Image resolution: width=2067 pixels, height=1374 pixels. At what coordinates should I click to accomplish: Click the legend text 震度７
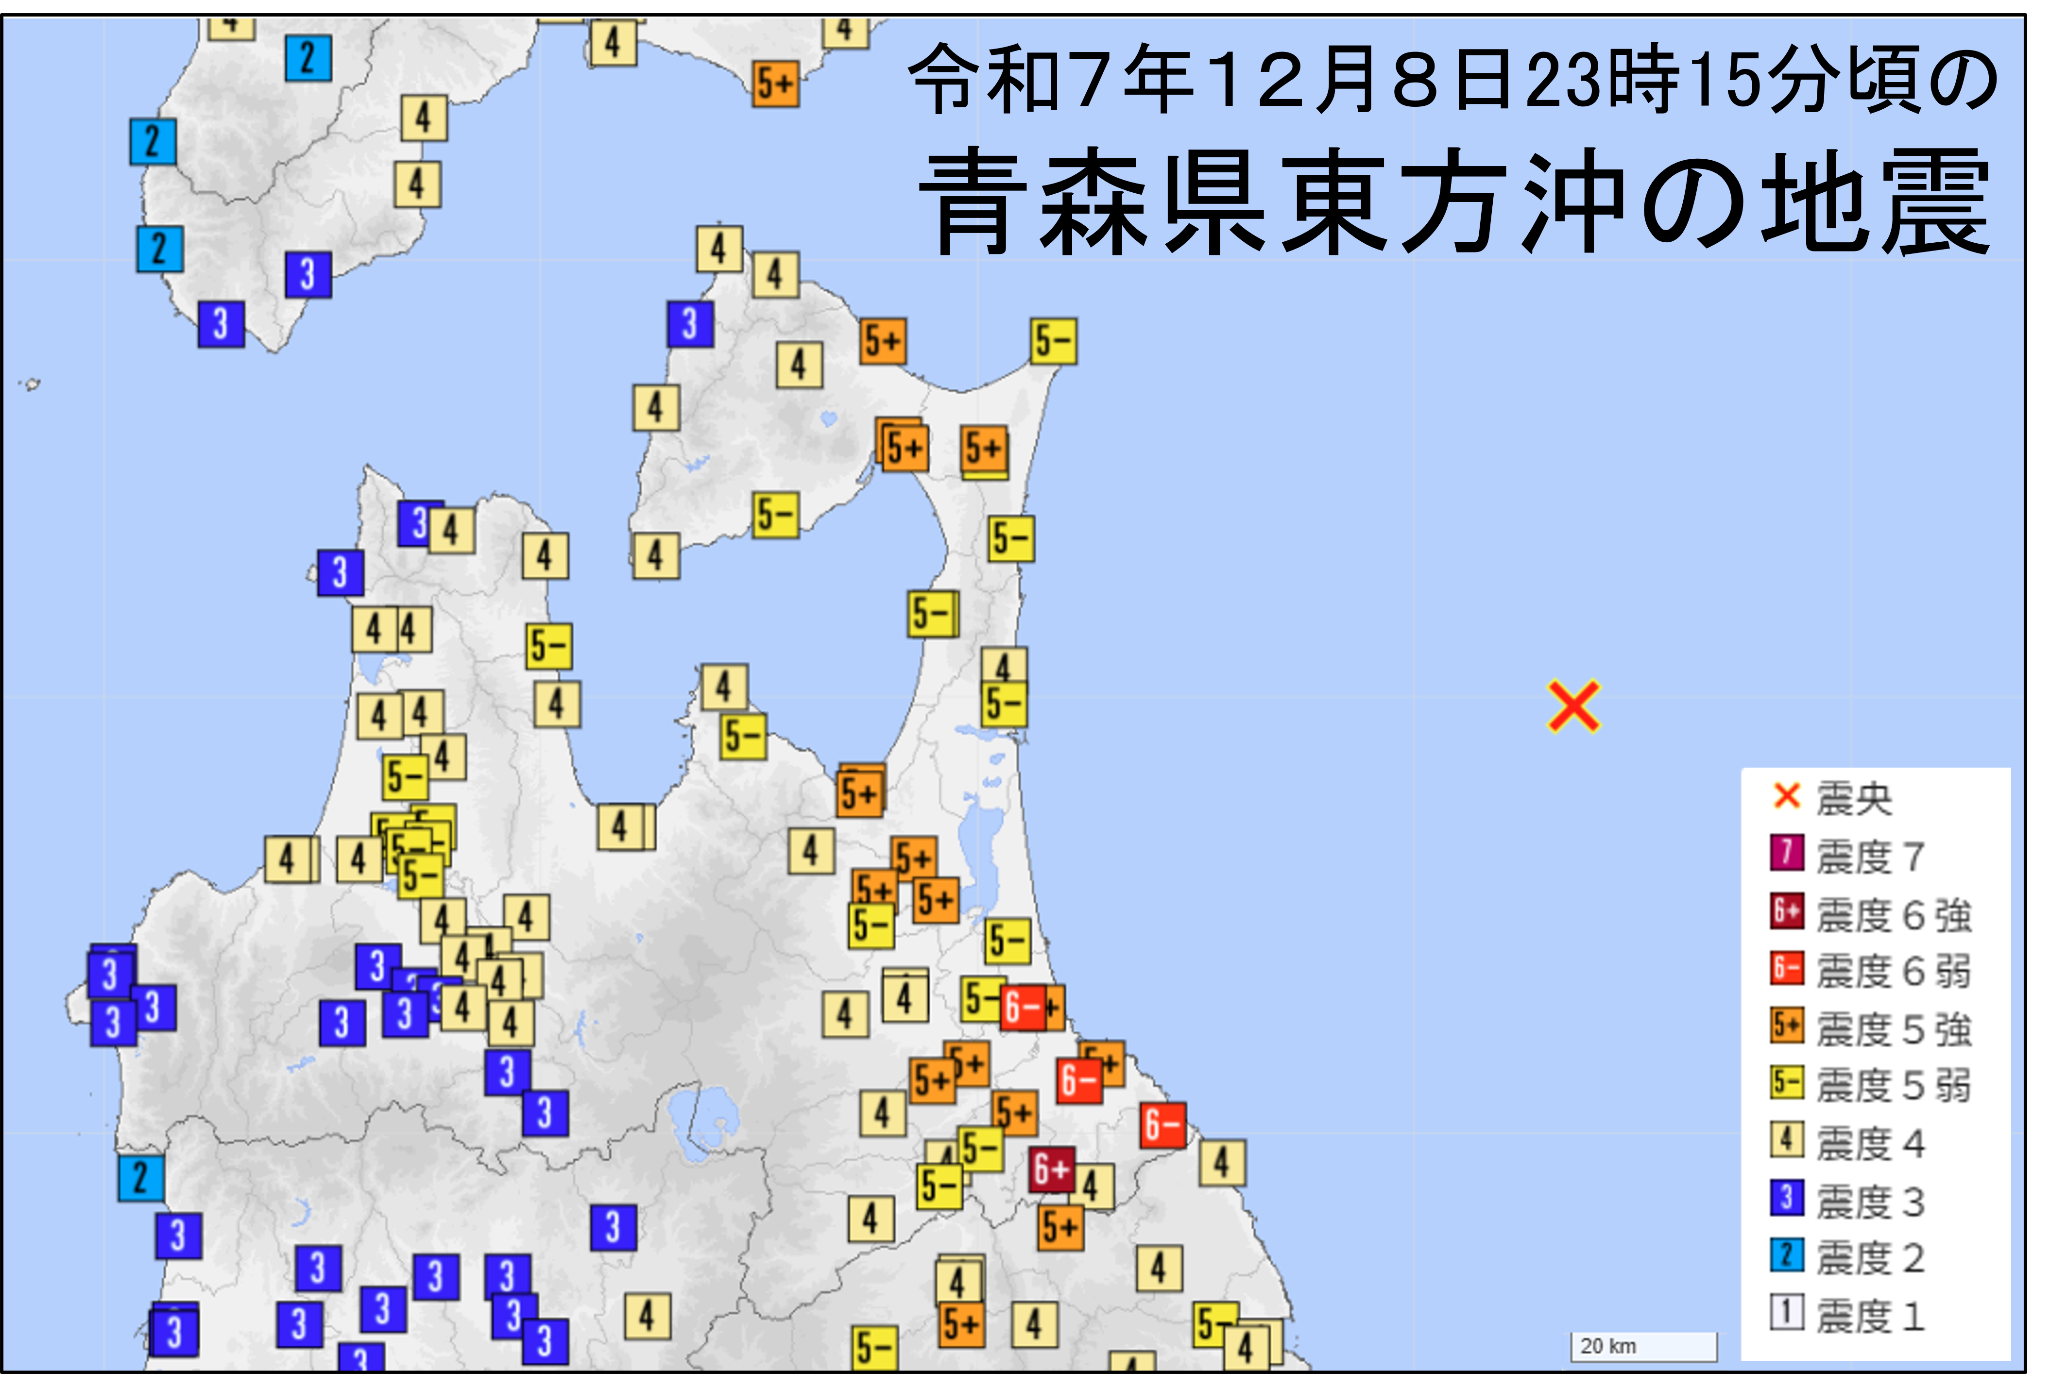1870,856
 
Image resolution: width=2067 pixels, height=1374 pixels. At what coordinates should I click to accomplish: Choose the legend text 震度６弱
1894,971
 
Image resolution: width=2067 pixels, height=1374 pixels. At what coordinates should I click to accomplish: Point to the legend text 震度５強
1894,1029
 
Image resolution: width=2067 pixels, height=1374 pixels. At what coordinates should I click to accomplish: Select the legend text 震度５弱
1894,1086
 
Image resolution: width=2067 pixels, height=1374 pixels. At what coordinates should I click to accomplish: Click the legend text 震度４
1870,1143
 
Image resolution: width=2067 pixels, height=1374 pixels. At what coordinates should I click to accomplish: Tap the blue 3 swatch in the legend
1787,1198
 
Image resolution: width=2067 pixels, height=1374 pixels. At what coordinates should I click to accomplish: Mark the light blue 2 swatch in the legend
1787,1255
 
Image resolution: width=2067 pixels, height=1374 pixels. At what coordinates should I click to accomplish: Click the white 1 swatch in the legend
1787,1313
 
